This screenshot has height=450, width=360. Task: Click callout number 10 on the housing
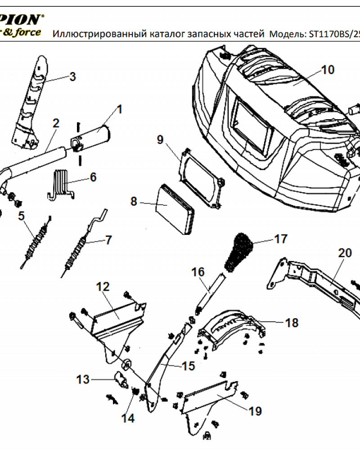pyautogui.click(x=328, y=70)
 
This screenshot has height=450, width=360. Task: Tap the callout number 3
pyautogui.click(x=72, y=76)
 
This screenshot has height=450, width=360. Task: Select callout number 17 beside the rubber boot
pyautogui.click(x=281, y=238)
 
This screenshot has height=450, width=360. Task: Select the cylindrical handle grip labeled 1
pyautogui.click(x=94, y=135)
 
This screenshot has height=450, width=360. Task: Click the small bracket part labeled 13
pyautogui.click(x=120, y=379)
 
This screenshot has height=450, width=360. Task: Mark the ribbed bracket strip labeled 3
pyautogui.click(x=31, y=103)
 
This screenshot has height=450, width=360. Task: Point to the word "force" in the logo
pyautogui.click(x=28, y=32)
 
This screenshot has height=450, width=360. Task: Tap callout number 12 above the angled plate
pyautogui.click(x=103, y=286)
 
